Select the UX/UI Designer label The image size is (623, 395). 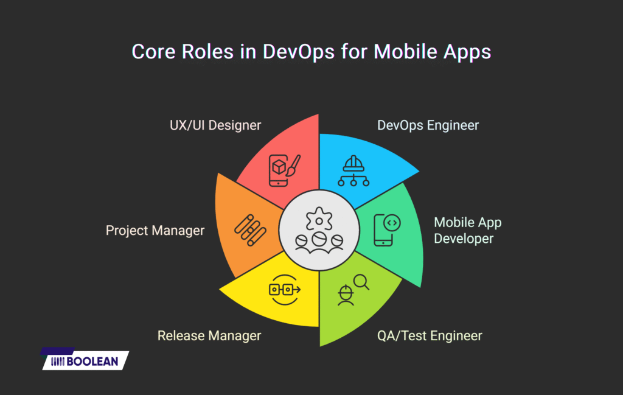click(x=216, y=125)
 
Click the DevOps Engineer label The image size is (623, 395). click(x=428, y=125)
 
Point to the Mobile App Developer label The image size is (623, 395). click(x=467, y=230)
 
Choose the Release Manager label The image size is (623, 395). click(x=209, y=335)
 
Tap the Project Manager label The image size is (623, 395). click(x=155, y=231)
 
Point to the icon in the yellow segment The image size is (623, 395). click(x=284, y=290)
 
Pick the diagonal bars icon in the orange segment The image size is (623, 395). click(x=249, y=229)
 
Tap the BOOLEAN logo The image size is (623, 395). click(x=85, y=360)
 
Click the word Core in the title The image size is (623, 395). click(x=151, y=52)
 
